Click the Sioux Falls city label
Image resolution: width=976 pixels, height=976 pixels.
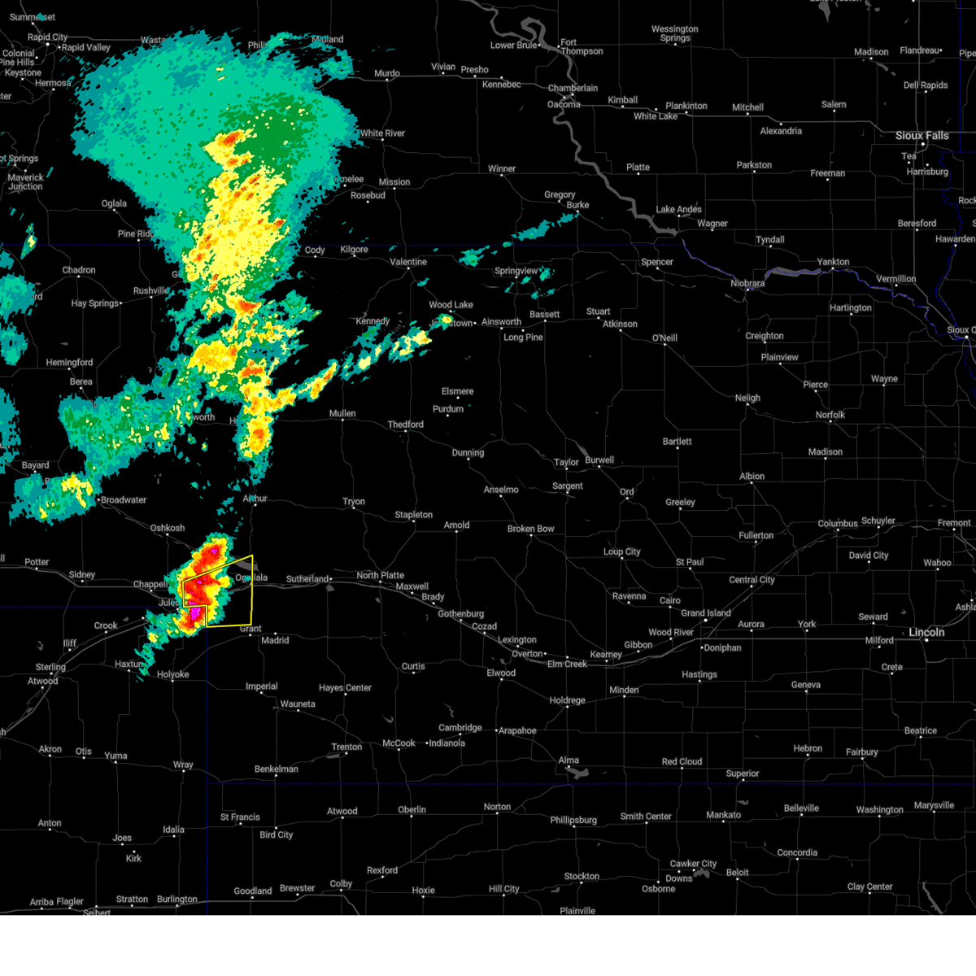922,136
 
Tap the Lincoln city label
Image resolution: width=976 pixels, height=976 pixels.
926,632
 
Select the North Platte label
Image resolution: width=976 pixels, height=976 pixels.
380,575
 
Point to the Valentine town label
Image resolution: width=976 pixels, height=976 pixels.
408,262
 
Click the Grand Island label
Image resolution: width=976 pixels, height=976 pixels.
705,612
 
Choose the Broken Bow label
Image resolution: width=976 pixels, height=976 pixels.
530,529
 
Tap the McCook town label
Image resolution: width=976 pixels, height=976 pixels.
399,743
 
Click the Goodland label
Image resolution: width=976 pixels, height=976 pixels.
253,891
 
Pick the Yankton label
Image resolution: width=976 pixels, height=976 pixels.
833,262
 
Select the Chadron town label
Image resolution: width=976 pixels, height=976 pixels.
79,270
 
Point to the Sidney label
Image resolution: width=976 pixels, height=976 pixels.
82,575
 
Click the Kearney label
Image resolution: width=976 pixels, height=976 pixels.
606,655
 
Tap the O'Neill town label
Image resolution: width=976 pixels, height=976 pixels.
664,338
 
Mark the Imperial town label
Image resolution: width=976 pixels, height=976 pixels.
261,686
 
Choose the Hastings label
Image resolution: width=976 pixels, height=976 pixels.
699,674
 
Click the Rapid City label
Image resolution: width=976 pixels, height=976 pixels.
48,37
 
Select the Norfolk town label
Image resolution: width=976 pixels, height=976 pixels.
830,415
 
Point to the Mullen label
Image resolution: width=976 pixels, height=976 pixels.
342,413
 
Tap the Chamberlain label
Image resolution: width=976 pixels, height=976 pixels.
573,88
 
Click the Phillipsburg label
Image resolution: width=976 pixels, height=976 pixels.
573,820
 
